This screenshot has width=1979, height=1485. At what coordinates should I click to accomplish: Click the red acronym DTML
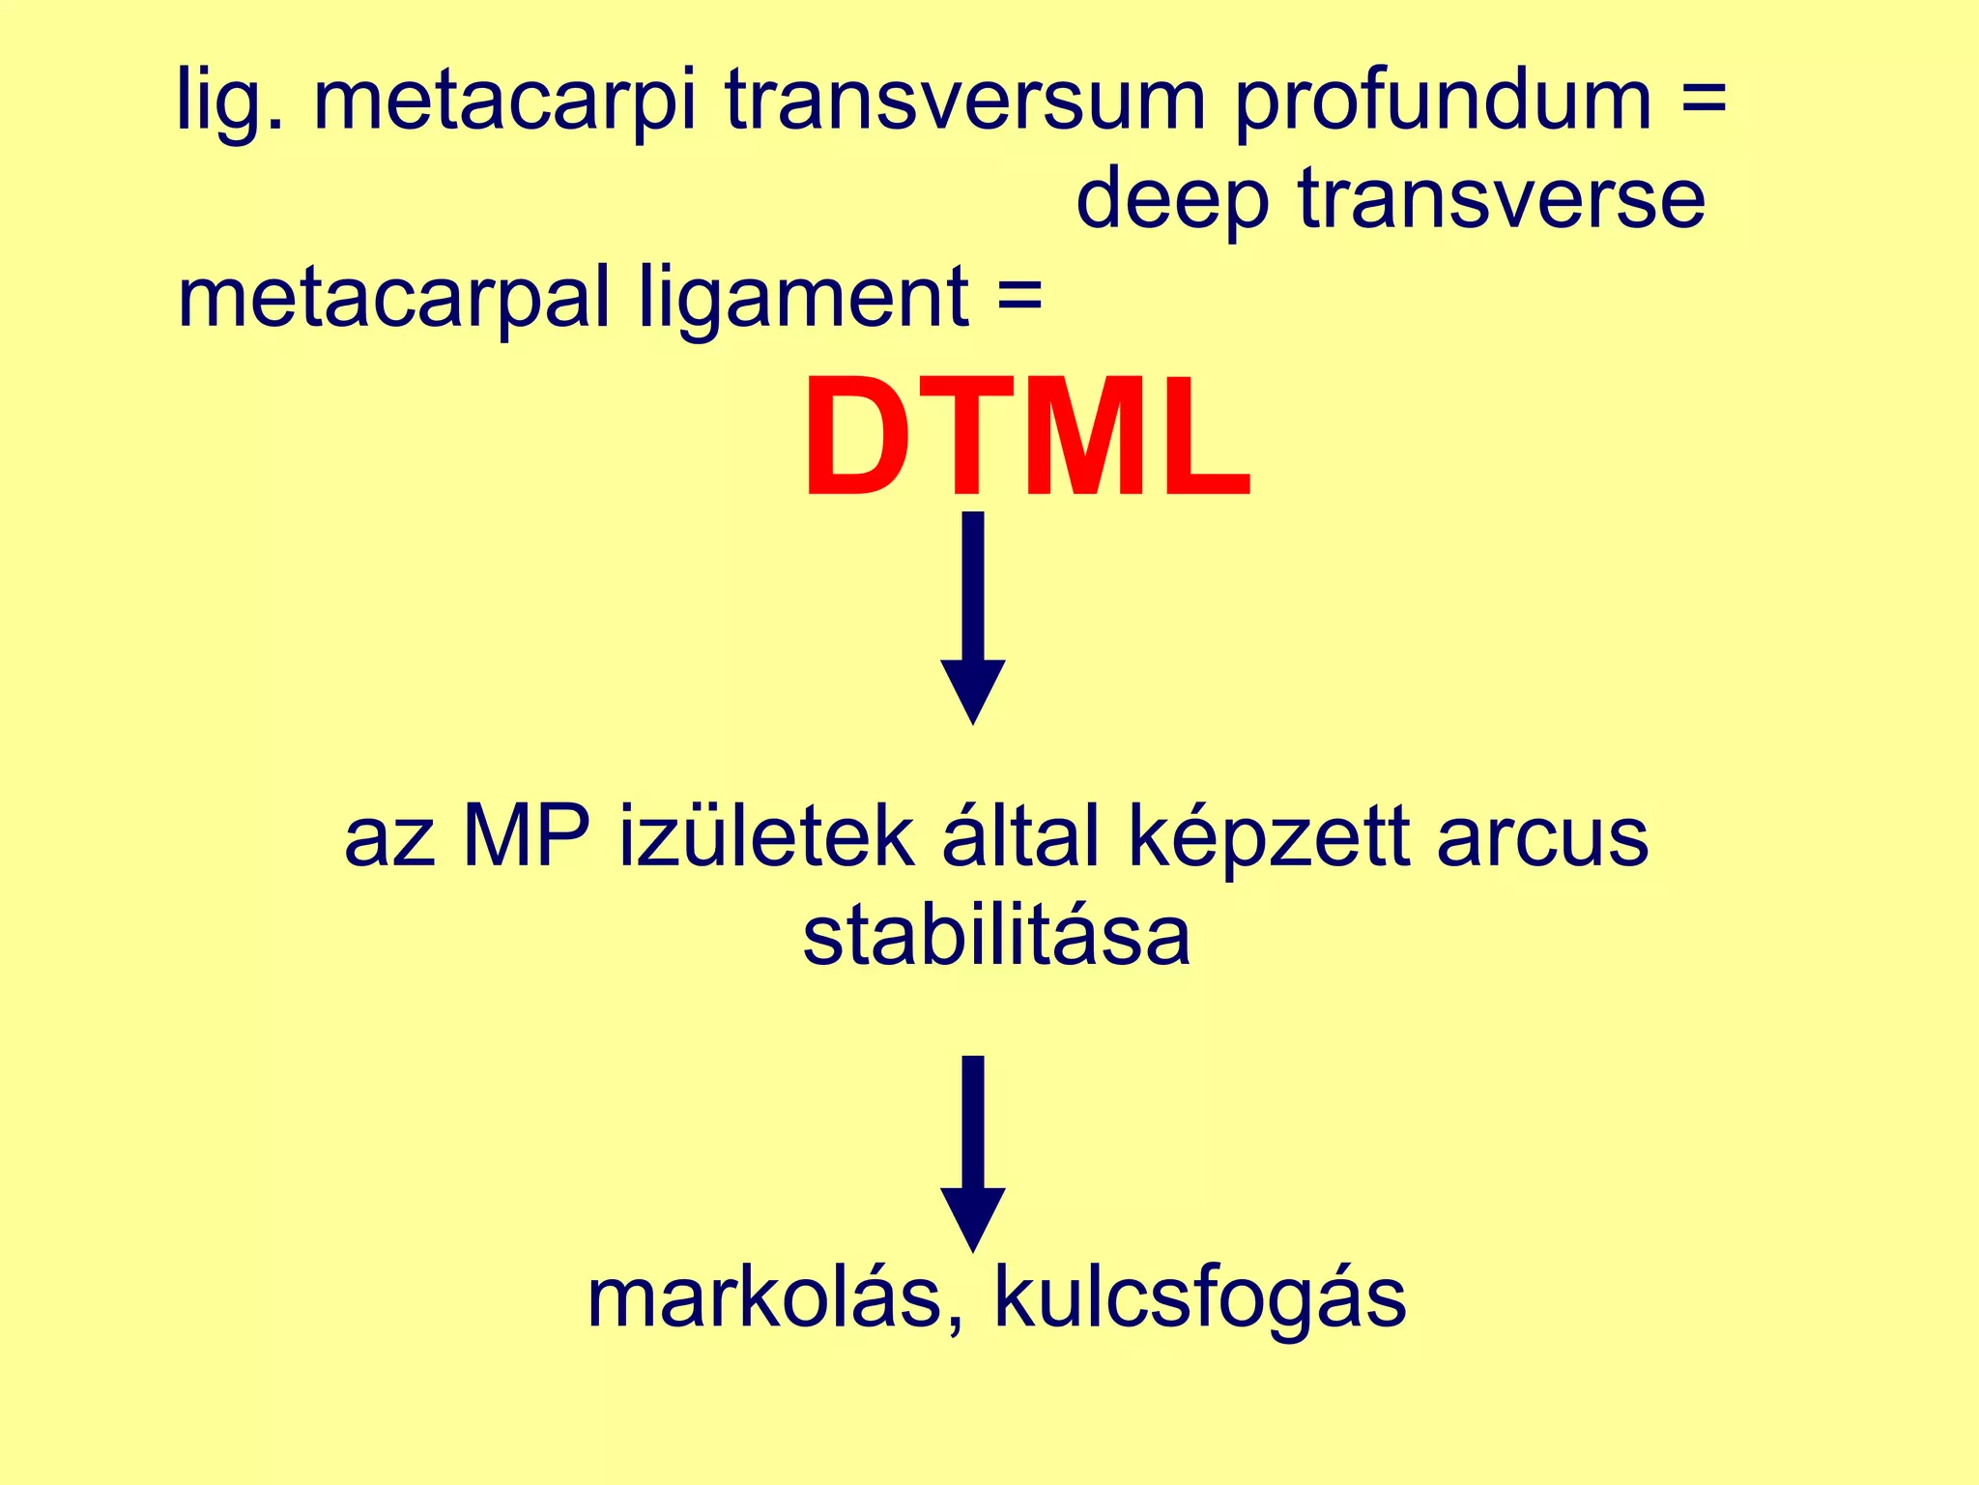[x=1026, y=440]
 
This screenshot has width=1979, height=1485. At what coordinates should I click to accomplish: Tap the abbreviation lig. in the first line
[x=230, y=102]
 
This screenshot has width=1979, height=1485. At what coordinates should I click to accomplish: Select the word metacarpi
[x=504, y=102]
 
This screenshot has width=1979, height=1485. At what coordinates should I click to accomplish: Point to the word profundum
[x=1444, y=102]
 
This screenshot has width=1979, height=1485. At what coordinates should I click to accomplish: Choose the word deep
[x=1171, y=201]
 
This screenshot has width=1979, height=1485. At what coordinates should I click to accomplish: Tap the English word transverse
[x=1502, y=199]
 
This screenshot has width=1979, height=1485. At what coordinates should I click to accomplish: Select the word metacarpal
[x=393, y=300]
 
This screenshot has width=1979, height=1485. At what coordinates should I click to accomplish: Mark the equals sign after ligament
[x=1019, y=295]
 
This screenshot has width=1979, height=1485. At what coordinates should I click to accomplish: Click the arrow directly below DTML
[x=973, y=619]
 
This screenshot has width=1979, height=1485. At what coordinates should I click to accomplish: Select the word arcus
[x=1542, y=837]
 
